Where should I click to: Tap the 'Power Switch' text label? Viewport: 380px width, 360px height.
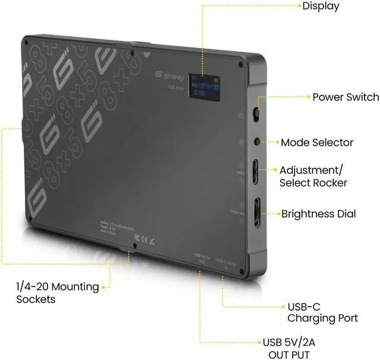[x=345, y=97]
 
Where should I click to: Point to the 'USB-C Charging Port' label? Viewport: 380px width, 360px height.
[x=322, y=313]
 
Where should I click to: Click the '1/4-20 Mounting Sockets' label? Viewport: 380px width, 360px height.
[x=57, y=293]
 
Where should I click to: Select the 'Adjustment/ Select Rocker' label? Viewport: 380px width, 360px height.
[x=313, y=176]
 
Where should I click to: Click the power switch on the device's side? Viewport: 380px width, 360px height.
[x=256, y=113]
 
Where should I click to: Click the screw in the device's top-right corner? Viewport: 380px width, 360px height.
[x=240, y=65]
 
